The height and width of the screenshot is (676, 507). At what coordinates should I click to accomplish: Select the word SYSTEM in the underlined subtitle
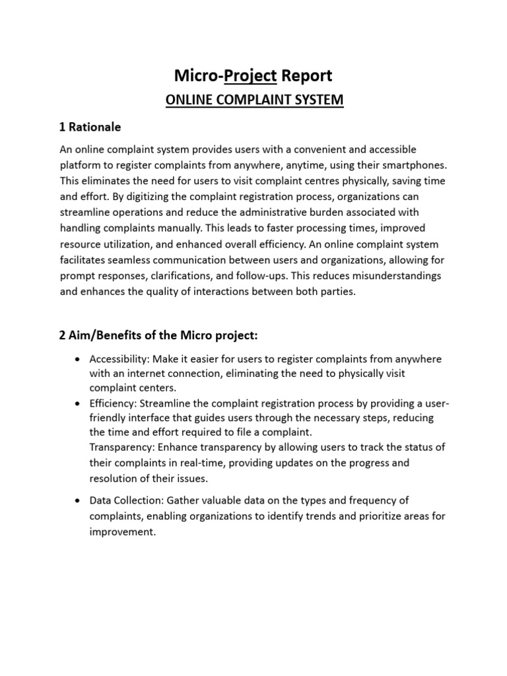pos(319,100)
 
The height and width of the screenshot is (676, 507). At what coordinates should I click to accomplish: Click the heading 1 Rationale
pos(90,127)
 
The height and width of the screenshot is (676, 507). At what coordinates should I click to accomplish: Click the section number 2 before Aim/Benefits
pos(63,336)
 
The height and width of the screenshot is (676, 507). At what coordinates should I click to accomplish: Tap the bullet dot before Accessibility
pos(79,359)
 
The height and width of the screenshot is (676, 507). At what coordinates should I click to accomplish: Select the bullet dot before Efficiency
pos(79,403)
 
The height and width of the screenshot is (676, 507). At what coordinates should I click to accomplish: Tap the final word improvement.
pos(122,531)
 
